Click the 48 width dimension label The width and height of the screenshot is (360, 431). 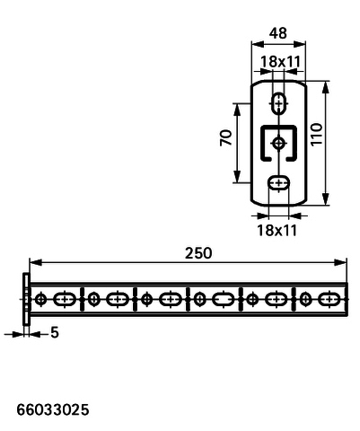pyautogui.click(x=278, y=33)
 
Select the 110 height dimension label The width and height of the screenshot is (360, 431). pyautogui.click(x=317, y=135)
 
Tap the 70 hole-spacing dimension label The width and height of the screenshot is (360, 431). pyautogui.click(x=226, y=137)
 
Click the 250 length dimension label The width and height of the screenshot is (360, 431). pyautogui.click(x=198, y=253)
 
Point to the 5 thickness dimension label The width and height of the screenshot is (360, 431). pyautogui.click(x=55, y=332)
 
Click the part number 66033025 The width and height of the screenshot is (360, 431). pyautogui.click(x=53, y=409)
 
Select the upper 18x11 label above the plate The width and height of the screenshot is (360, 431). pyautogui.click(x=280, y=62)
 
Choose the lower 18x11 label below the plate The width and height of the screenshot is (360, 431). pyautogui.click(x=277, y=230)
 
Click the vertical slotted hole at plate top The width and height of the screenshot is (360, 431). pyautogui.click(x=279, y=103)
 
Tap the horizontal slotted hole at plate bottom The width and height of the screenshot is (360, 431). pyautogui.click(x=279, y=182)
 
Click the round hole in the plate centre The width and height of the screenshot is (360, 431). pyautogui.click(x=279, y=143)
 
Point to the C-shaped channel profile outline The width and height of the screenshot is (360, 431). pyautogui.click(x=262, y=143)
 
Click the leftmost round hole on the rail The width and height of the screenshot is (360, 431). pyautogui.click(x=40, y=299)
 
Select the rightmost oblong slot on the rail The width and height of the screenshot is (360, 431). pyautogui.click(x=329, y=299)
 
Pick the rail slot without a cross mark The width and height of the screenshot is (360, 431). pyautogui.click(x=224, y=299)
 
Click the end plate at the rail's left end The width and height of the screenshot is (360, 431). pyautogui.click(x=26, y=299)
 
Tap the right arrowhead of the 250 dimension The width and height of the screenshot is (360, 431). pyautogui.click(x=340, y=262)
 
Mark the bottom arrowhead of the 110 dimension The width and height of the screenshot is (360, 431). pyautogui.click(x=326, y=198)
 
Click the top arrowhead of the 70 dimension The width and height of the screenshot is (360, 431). pyautogui.click(x=237, y=110)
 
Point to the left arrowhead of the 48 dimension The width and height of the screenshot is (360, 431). pyautogui.click(x=258, y=44)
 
